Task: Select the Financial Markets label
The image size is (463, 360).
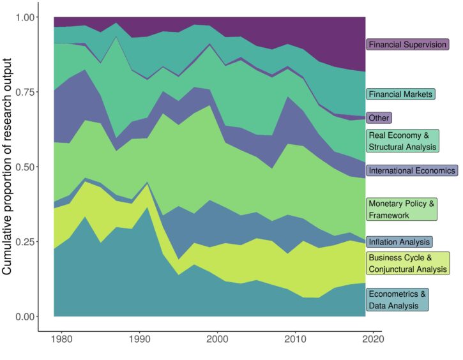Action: (400, 94)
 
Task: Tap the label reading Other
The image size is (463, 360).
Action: (379, 117)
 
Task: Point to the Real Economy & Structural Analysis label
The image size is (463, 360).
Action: (402, 141)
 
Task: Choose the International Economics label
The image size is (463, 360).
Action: (411, 170)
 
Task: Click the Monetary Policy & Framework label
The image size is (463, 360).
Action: (402, 209)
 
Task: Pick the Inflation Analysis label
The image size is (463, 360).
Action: (399, 242)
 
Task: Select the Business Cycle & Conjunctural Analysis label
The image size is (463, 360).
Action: (407, 263)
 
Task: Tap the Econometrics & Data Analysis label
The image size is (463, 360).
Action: (397, 300)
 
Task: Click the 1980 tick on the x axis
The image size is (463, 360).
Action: (62, 339)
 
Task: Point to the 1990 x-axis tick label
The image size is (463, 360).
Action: (140, 339)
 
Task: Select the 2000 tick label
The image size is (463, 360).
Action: (218, 339)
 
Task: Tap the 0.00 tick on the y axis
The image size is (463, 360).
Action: (22, 317)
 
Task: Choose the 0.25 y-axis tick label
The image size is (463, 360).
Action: (22, 242)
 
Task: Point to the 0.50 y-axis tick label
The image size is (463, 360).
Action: (22, 167)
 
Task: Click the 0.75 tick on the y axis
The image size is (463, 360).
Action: (22, 92)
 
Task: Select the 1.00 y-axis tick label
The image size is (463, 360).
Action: (22, 17)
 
